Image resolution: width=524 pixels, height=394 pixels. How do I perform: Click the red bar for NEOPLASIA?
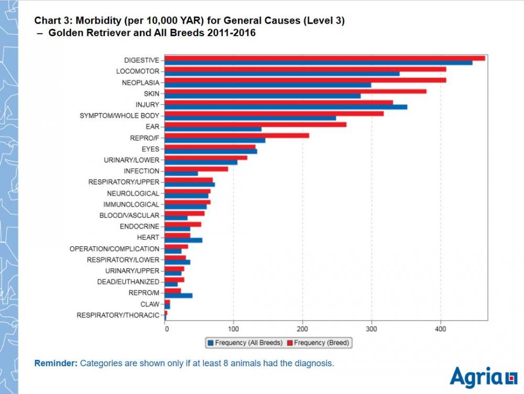pyautogui.click(x=305, y=80)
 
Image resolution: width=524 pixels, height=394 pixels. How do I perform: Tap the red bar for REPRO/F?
pyautogui.click(x=237, y=136)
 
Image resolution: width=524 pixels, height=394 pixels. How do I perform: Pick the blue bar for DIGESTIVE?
pyautogui.click(x=319, y=63)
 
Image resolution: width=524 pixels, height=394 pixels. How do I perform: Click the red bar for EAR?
pyautogui.click(x=255, y=125)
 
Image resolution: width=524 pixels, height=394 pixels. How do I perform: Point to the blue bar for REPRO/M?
pyautogui.click(x=179, y=295)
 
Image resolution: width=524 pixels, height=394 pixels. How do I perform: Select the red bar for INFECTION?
pyautogui.click(x=196, y=169)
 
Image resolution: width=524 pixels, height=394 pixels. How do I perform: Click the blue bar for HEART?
pyautogui.click(x=183, y=240)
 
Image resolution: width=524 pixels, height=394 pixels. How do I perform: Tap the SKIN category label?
pyautogui.click(x=151, y=93)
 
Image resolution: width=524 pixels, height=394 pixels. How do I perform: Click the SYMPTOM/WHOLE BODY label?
pyautogui.click(x=119, y=115)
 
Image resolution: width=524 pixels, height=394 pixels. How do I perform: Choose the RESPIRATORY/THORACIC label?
pyautogui.click(x=117, y=315)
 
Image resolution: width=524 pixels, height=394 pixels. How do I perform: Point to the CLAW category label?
pyautogui.click(x=149, y=304)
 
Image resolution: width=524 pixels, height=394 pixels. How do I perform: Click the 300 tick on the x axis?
pyautogui.click(x=372, y=329)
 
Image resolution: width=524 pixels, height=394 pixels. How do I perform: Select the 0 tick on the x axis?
pyautogui.click(x=166, y=329)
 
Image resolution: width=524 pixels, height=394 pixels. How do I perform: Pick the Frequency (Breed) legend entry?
pyautogui.click(x=318, y=343)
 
